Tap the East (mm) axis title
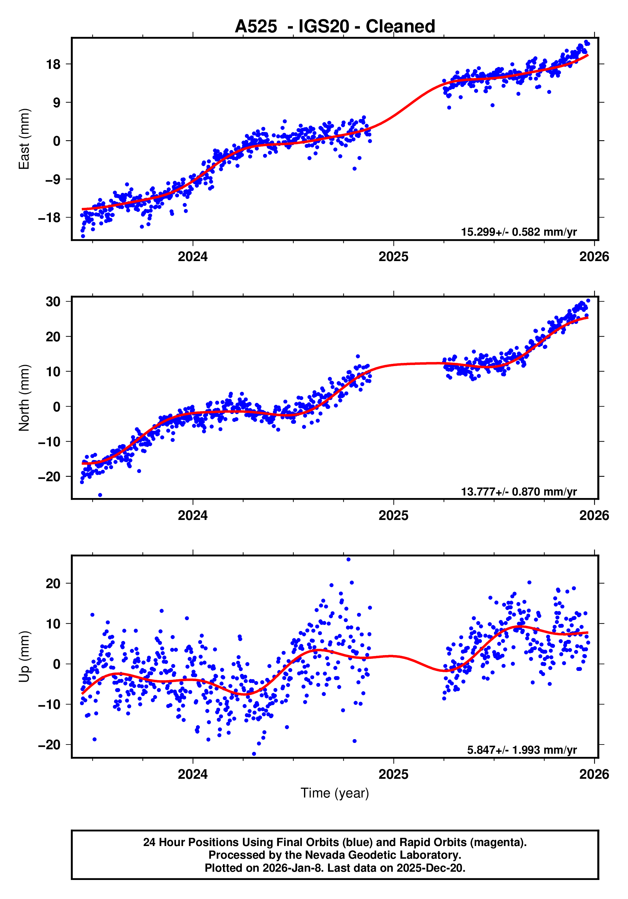(x=24, y=139)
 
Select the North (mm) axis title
(x=24, y=398)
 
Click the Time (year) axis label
(x=334, y=793)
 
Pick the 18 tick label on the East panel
(x=53, y=64)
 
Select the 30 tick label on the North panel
(x=53, y=302)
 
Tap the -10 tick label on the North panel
(x=49, y=442)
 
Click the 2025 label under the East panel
(x=393, y=257)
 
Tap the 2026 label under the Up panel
(x=594, y=774)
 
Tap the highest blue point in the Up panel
(x=348, y=560)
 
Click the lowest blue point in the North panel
(x=100, y=495)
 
